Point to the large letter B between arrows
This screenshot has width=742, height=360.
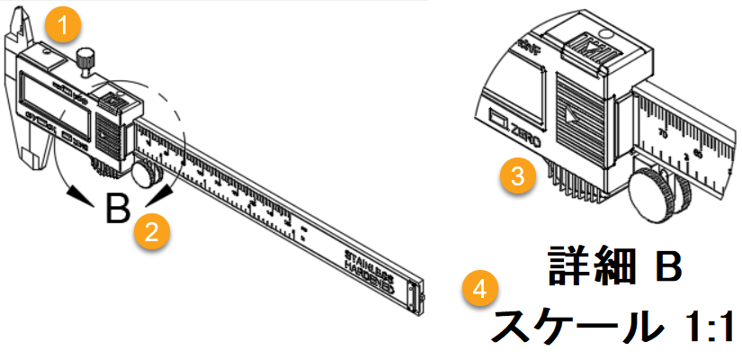pos(115,209)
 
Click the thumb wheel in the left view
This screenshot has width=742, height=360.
pos(145,170)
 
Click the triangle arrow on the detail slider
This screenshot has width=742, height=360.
pos(574,116)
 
